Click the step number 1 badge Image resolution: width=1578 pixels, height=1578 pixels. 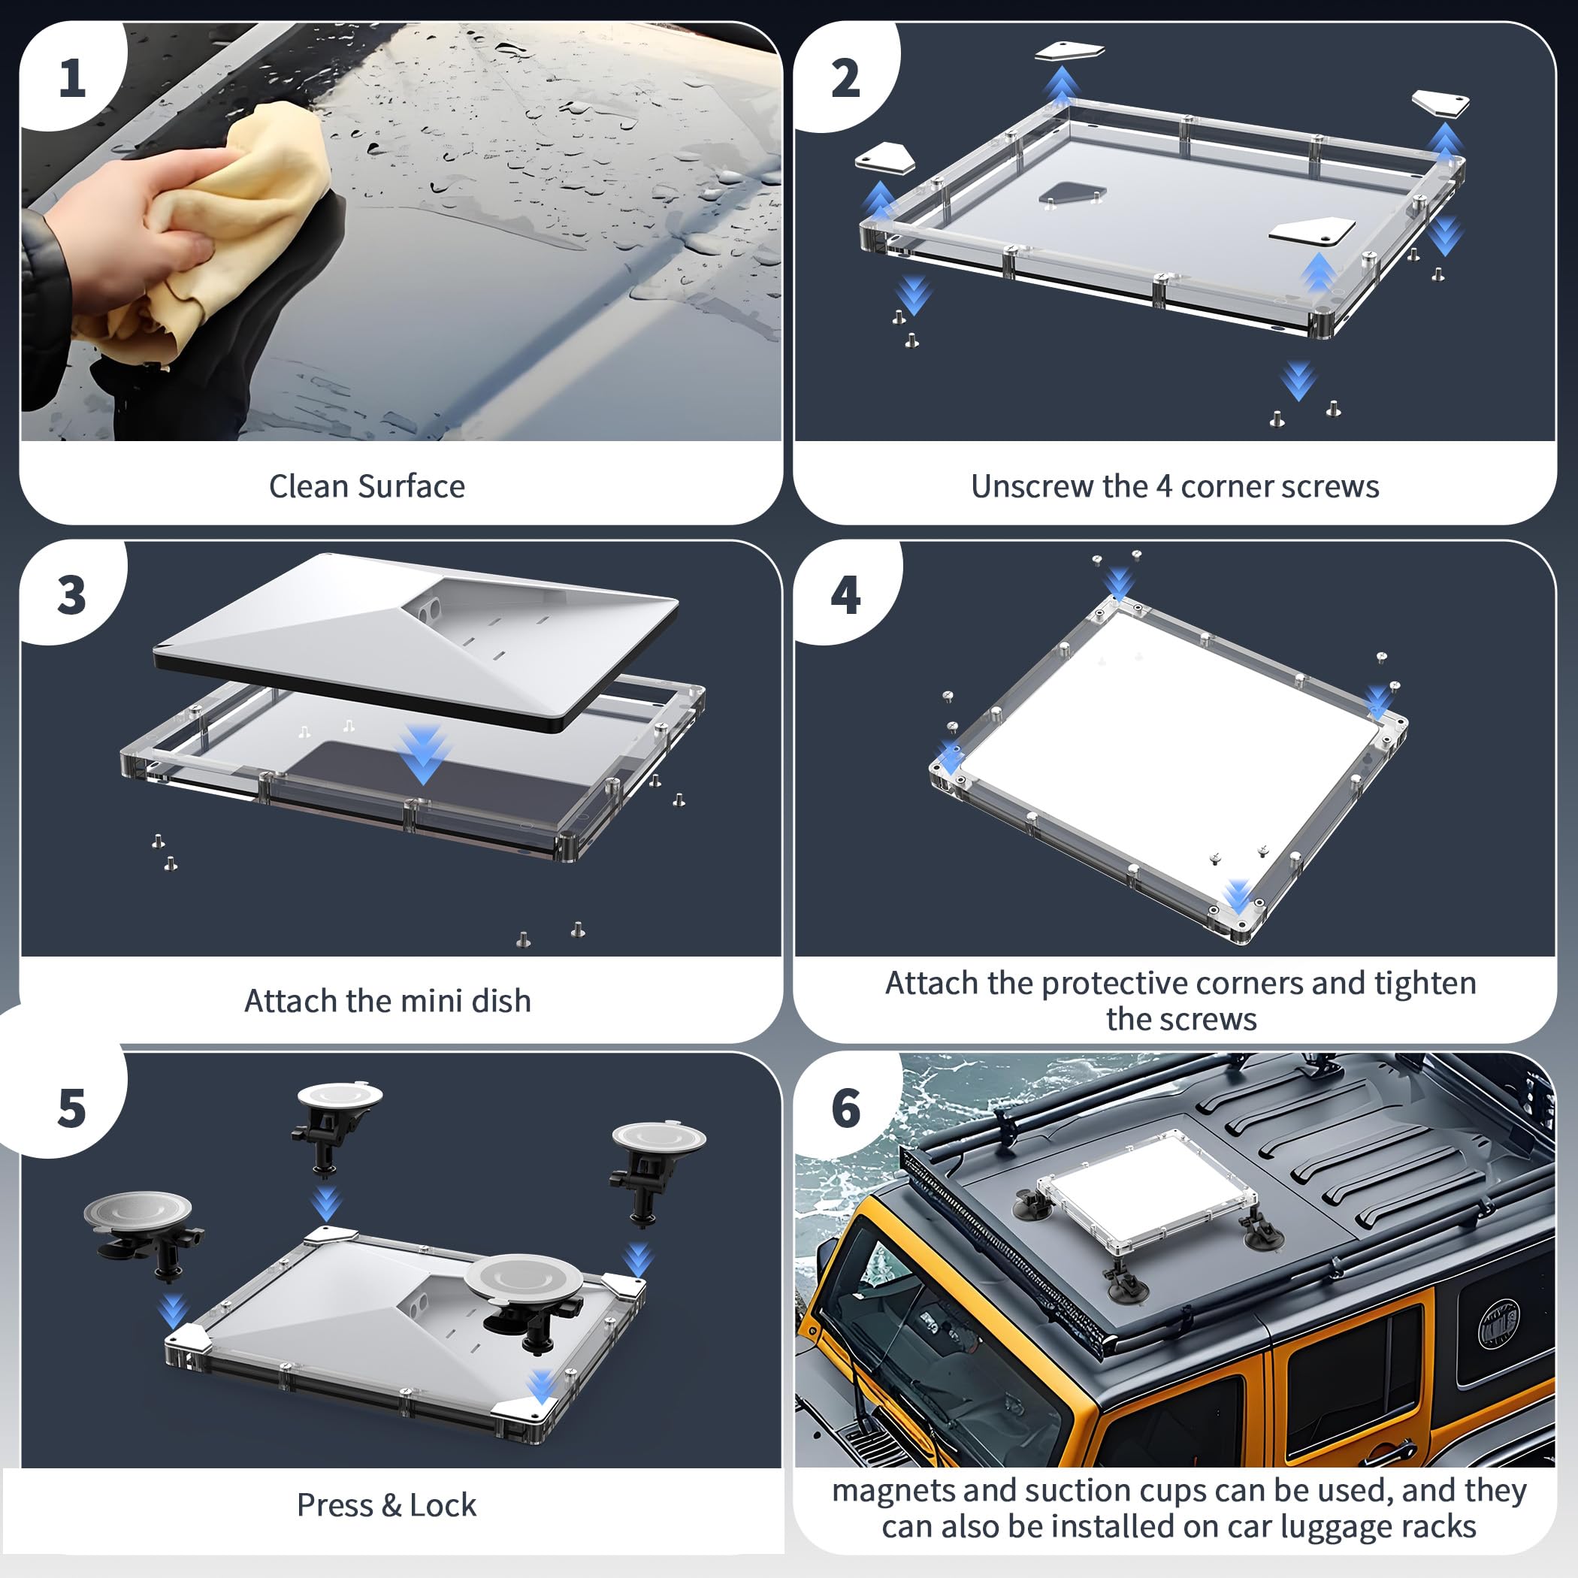(x=73, y=79)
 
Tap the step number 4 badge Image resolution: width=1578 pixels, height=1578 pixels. (x=845, y=595)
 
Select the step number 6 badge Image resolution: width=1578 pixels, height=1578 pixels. (x=845, y=1108)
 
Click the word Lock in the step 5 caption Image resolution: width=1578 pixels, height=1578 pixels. (x=443, y=1504)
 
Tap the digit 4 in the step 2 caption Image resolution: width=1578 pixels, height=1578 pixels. (x=1164, y=486)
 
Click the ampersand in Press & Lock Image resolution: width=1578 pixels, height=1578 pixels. (x=391, y=1504)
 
